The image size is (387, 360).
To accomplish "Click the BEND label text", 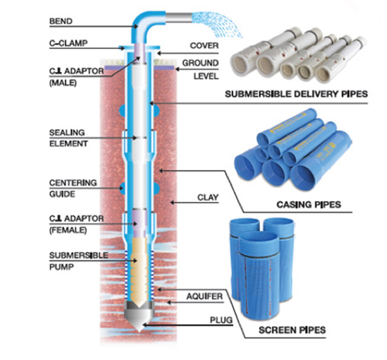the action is [61, 21].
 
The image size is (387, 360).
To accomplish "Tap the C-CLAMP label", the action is [68, 43].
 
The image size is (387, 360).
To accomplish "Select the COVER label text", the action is [204, 46].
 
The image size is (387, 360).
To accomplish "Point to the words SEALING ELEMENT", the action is [68, 138].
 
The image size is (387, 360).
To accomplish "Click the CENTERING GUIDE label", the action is [73, 188].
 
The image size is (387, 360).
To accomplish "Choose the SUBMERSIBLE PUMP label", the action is [79, 261].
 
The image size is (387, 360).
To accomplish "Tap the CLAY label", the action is [208, 197].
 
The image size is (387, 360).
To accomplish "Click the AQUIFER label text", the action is [204, 297].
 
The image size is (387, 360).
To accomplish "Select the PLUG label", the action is [221, 321].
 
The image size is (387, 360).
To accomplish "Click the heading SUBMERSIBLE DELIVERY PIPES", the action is [296, 94].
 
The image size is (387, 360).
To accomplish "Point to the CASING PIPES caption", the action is [309, 204].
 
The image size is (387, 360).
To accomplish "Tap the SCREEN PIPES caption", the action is [292, 330].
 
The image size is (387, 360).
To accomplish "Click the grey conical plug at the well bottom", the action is [139, 316].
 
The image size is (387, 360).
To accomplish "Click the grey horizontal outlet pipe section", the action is [179, 18].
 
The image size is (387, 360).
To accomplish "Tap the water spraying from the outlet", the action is [218, 24].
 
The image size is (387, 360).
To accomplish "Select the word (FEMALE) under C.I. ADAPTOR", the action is [68, 230].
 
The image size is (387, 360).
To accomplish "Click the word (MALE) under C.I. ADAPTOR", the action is [63, 83].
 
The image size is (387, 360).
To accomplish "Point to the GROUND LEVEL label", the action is [200, 70].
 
